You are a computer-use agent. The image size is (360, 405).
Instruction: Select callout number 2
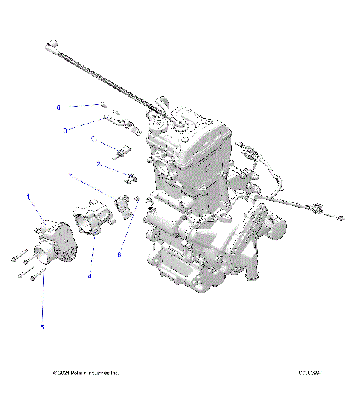click(x=98, y=163)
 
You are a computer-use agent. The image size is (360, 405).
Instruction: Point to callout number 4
click(x=90, y=276)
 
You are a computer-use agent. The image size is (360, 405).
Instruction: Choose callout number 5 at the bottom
click(x=42, y=327)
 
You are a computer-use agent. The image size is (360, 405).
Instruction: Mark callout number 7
click(x=71, y=176)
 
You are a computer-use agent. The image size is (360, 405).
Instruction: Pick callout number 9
click(x=94, y=139)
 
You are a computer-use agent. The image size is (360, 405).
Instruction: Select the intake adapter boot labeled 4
click(x=94, y=225)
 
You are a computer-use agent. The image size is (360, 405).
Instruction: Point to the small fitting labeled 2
click(x=131, y=178)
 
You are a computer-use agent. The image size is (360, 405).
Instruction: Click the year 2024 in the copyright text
click(x=64, y=373)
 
